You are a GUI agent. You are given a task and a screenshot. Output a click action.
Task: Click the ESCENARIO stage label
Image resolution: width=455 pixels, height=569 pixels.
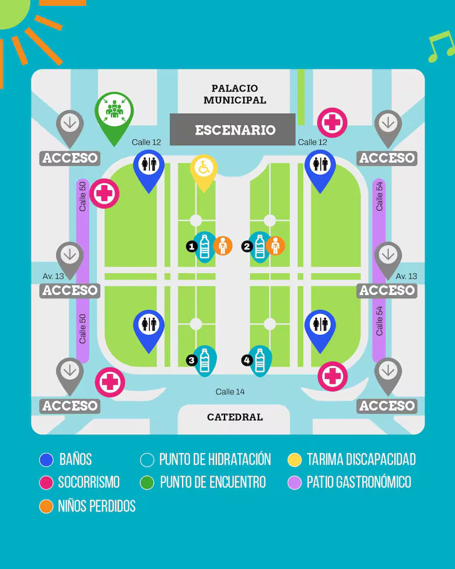[235, 130]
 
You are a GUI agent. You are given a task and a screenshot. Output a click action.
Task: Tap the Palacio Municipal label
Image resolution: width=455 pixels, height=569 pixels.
[235, 94]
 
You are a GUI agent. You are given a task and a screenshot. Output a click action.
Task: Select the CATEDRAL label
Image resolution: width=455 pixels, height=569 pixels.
[235, 417]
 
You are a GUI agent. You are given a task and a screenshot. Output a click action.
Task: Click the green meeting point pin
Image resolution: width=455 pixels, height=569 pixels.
[114, 111]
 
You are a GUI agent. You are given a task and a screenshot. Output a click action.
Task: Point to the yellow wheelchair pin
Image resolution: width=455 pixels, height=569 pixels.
[204, 169]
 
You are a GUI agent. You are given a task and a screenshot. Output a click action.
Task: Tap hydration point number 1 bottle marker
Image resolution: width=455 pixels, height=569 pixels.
[205, 246]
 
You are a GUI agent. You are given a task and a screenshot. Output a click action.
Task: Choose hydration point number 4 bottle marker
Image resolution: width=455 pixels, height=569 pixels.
[260, 359]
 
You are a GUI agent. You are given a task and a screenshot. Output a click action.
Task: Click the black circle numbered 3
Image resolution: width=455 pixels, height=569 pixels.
[191, 361]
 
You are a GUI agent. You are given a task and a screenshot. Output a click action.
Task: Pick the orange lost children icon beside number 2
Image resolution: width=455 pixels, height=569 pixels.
[276, 246]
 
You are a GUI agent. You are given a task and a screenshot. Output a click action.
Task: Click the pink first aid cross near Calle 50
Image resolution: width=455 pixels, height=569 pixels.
[104, 194]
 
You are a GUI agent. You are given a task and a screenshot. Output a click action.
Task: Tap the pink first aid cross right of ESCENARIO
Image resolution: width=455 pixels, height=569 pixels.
[332, 123]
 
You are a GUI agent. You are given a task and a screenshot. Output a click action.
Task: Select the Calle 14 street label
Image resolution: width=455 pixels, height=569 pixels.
[230, 392]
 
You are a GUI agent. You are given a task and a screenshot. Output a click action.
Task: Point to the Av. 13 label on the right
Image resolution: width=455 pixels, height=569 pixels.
[407, 276]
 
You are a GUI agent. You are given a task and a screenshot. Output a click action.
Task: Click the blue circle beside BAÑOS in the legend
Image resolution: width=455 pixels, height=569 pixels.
[46, 460]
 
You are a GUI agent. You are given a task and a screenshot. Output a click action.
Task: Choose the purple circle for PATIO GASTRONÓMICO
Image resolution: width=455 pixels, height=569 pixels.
[295, 483]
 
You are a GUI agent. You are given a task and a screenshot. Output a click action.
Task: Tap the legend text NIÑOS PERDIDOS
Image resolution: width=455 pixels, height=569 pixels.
[97, 506]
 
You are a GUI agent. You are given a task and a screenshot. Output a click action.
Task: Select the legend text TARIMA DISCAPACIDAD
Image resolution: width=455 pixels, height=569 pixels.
[360, 459]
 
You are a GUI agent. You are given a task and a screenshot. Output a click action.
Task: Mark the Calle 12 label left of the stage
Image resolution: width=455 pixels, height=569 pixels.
[146, 142]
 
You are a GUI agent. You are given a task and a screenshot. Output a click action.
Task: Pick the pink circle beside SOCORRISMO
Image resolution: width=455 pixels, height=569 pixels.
[46, 483]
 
